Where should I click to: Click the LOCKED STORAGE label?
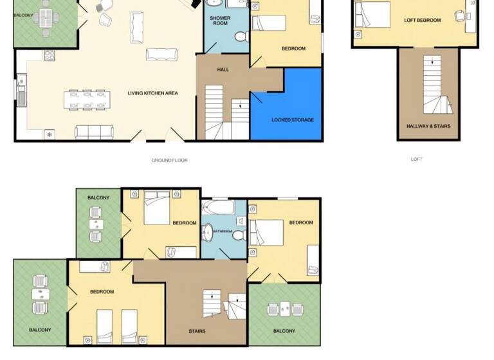click(x=293, y=120)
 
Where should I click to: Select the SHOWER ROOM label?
click(x=220, y=21)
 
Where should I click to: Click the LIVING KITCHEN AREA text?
click(x=152, y=93)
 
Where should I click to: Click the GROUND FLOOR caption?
click(x=169, y=160)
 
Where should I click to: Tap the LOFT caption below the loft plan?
click(x=416, y=159)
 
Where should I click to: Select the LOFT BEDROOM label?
click(x=422, y=21)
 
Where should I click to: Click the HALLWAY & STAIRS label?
click(x=428, y=126)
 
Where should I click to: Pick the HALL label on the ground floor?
click(x=223, y=69)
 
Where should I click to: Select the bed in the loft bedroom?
click(x=372, y=14)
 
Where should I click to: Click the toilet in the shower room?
click(x=241, y=39)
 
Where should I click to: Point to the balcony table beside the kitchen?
click(x=45, y=17)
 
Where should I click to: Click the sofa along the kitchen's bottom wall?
click(x=94, y=133)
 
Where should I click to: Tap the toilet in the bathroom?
click(x=238, y=236)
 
